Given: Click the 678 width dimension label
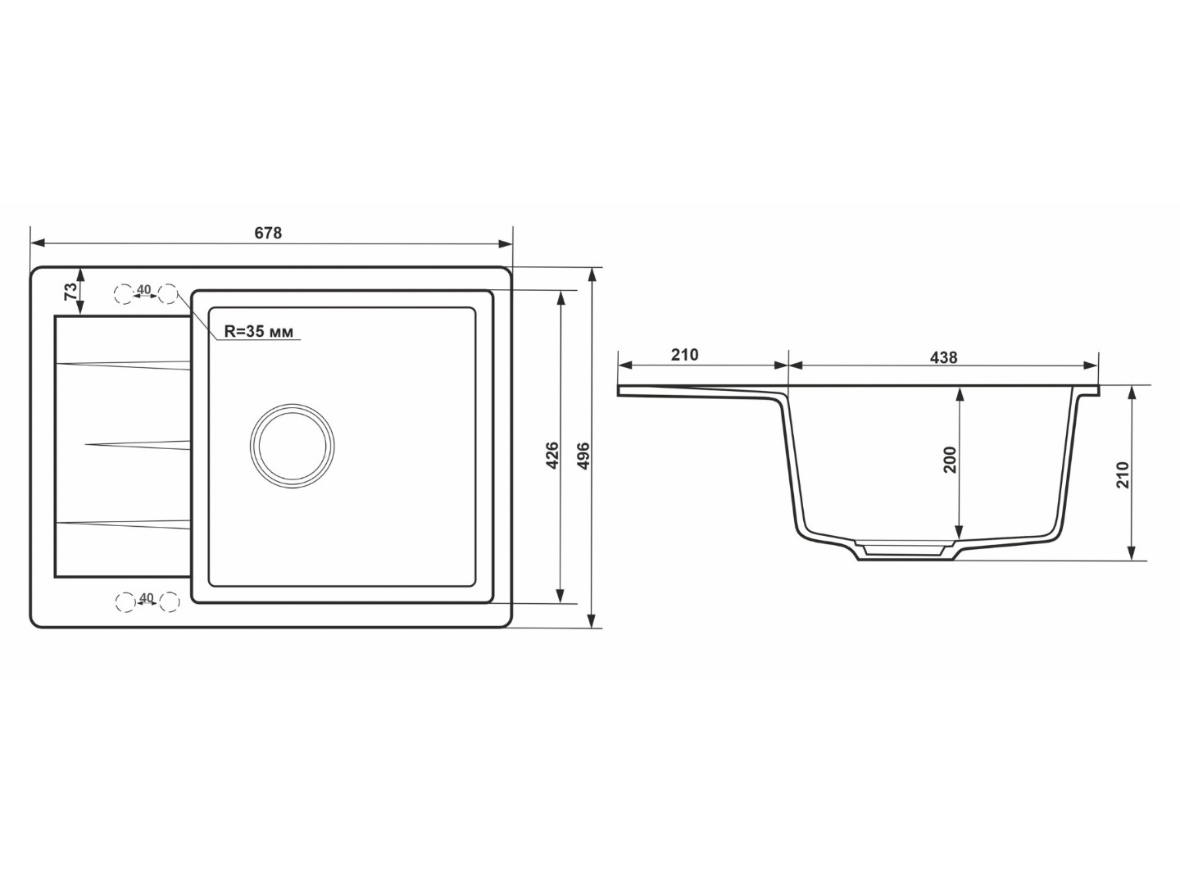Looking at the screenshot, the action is [268, 233].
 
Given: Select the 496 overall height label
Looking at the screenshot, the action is [583, 456].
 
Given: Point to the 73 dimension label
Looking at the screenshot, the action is [70, 291].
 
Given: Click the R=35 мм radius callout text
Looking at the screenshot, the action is [259, 332].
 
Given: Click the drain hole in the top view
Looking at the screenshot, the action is [292, 446].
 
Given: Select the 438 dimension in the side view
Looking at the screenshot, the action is [943, 357].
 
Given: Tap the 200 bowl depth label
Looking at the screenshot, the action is [951, 460].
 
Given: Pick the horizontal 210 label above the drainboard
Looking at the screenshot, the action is [684, 355].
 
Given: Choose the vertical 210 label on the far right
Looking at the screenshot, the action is [1123, 475].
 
